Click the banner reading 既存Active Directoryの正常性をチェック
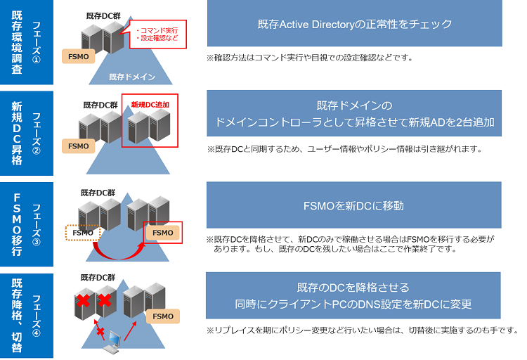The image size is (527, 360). [x=354, y=24]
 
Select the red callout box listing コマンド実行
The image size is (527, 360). [x=157, y=33]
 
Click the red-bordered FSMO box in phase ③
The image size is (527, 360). [x=162, y=233]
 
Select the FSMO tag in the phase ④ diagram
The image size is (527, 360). [x=162, y=316]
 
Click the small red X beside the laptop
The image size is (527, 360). [x=100, y=330]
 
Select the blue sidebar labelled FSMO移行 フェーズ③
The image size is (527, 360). [x=27, y=224]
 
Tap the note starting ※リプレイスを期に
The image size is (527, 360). [x=363, y=330]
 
